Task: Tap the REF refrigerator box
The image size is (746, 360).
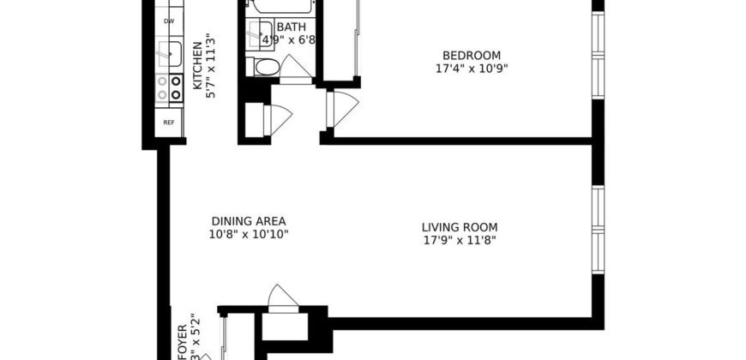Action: (169, 122)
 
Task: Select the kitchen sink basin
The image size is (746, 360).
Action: (171, 54)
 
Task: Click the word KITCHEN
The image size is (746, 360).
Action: (197, 64)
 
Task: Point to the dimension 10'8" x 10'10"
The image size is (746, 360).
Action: (247, 233)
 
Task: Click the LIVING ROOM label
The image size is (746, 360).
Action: (460, 227)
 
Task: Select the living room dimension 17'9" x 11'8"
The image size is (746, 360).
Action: (460, 241)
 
